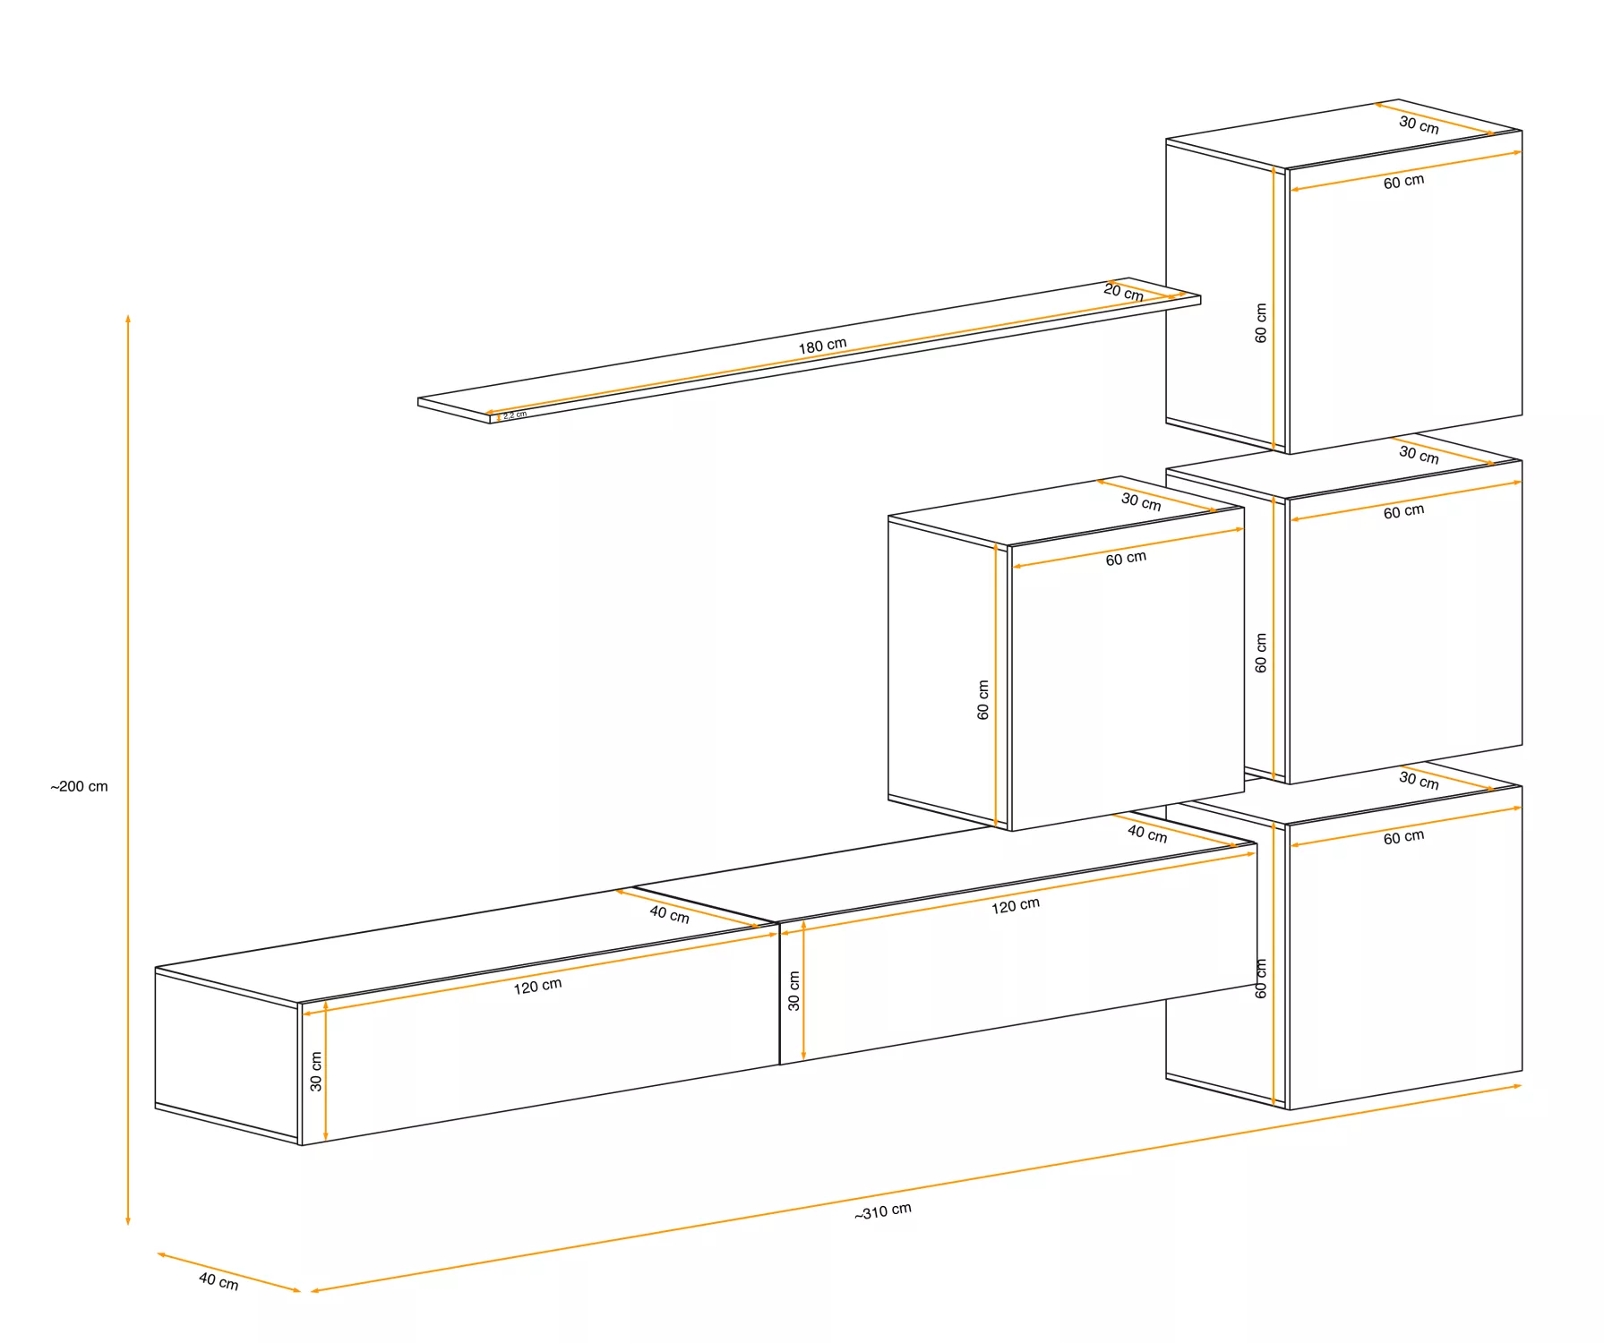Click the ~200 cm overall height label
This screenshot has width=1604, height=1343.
tap(79, 786)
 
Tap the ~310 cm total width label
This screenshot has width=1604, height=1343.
tap(883, 1210)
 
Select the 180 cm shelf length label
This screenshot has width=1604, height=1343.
tap(822, 346)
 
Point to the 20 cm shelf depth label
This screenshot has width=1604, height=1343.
tap(1123, 292)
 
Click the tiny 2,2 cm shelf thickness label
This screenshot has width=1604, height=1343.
tap(515, 415)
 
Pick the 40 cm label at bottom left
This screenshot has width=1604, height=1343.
tap(219, 1281)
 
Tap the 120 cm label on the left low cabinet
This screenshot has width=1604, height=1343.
tap(537, 986)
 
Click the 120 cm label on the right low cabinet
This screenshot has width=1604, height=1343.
tap(1015, 905)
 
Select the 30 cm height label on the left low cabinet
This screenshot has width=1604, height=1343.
tap(316, 1071)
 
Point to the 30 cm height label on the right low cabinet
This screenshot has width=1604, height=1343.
tap(793, 990)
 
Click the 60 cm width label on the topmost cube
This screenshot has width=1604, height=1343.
tap(1403, 182)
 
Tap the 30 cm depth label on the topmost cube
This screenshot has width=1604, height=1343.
tap(1419, 124)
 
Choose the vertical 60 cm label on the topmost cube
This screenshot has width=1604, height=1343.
tap(1261, 322)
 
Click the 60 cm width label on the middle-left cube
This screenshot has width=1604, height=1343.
tap(1126, 559)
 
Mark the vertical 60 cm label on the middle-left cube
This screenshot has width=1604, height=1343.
tap(983, 699)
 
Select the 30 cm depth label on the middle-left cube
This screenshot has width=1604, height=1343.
tap(1141, 501)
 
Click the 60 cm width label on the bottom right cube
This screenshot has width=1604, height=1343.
tap(1403, 837)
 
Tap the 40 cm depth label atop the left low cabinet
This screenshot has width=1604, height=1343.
tap(669, 913)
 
